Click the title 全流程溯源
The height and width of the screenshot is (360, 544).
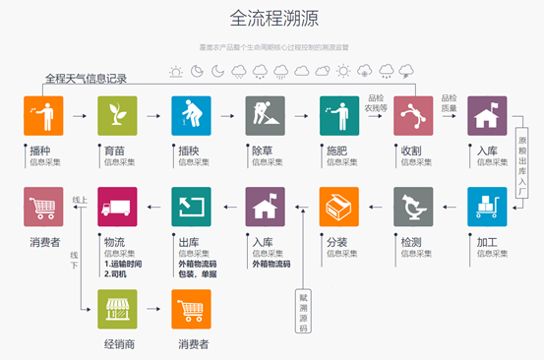[273, 19]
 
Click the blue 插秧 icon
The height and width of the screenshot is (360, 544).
[192, 116]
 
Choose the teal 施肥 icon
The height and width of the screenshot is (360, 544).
[339, 116]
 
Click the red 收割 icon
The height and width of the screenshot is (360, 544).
[413, 116]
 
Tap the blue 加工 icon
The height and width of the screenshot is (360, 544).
[487, 207]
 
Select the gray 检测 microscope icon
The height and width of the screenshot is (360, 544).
[413, 207]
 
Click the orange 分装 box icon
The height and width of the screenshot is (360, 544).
[339, 207]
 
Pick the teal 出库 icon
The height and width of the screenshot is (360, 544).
[192, 207]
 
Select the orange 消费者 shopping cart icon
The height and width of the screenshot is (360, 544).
[192, 309]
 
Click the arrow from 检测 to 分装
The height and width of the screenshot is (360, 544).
[376, 207]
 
